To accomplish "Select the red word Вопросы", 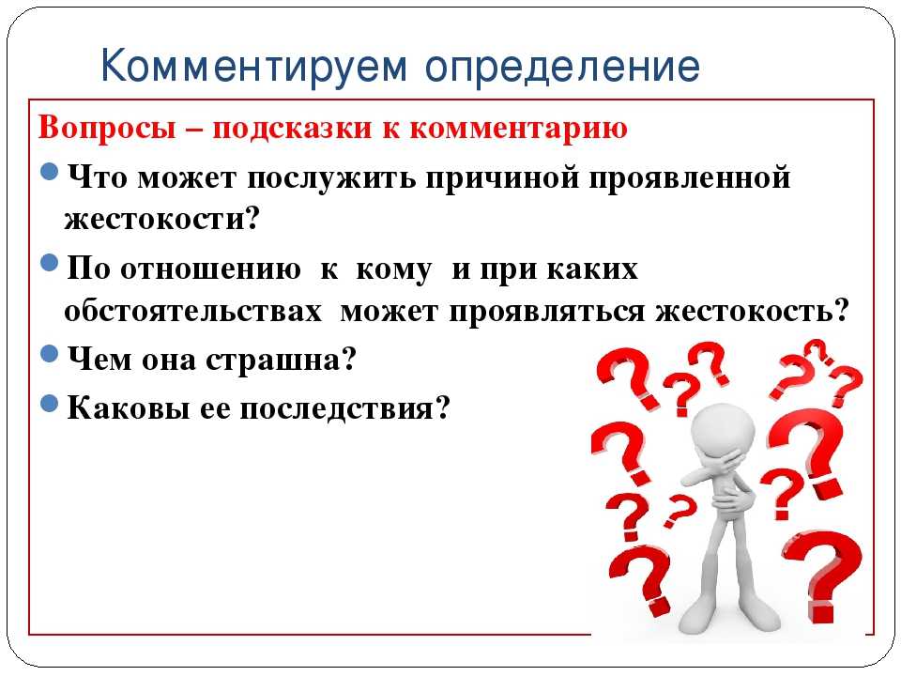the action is pos(107,129).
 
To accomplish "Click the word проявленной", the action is pos(690,178).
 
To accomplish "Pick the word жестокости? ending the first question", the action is pos(162,219).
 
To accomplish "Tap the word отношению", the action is pos(210,269).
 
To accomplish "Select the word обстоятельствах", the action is pos(193,312).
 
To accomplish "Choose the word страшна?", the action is pos(281,361).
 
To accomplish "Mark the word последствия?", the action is pos(344,409).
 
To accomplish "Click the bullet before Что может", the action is pos(50,171).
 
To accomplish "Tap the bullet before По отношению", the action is pos(50,263).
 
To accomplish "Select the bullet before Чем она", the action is pos(50,353).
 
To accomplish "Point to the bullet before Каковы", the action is pos(50,403).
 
